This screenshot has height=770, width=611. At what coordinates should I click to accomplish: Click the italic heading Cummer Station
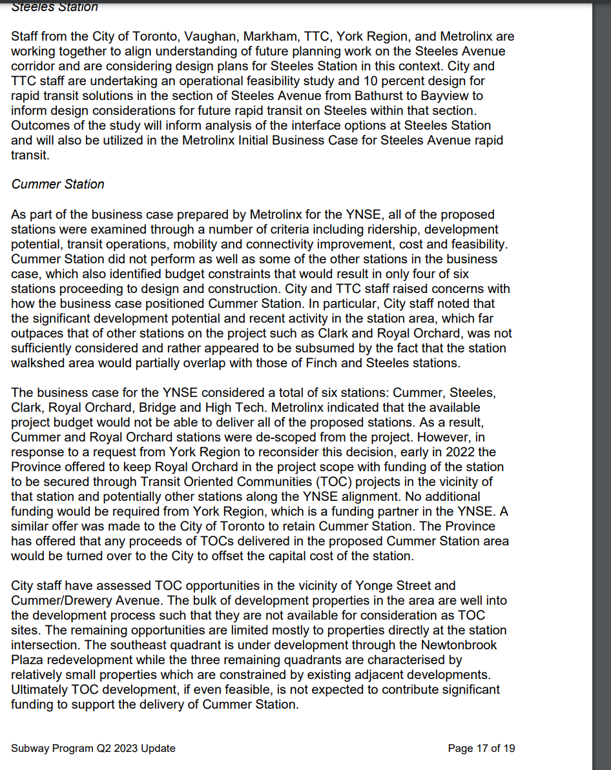57,184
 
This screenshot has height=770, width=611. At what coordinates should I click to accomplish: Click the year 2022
448,452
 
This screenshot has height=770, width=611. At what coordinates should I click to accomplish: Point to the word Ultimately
40,689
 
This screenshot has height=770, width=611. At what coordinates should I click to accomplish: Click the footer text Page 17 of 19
481,749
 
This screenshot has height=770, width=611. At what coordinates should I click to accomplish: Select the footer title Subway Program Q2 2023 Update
93,749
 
